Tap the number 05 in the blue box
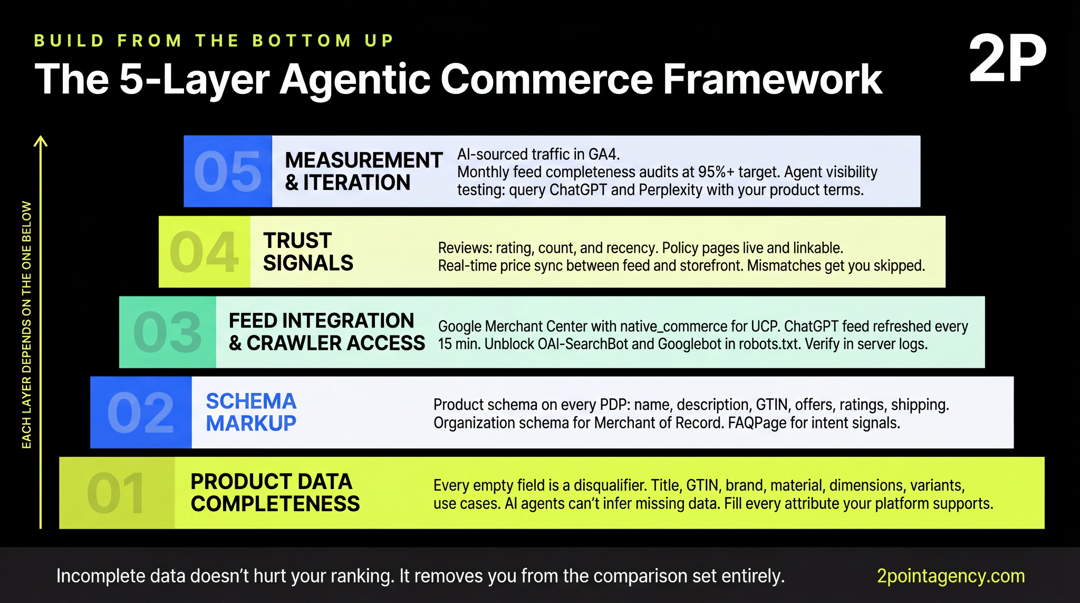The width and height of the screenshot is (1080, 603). [227, 171]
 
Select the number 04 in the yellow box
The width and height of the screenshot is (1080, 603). [204, 252]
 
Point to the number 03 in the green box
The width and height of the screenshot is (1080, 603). [167, 332]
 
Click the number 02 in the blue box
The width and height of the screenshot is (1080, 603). [140, 413]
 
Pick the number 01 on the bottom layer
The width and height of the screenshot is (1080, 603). [116, 493]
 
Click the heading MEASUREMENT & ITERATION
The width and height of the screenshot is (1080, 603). [363, 171]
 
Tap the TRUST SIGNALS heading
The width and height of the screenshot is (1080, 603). [308, 252]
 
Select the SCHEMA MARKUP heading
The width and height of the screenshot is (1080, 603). [251, 412]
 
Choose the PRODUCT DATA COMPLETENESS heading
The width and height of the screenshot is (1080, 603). [275, 493]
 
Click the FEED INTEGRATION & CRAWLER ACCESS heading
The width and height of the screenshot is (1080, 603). [326, 332]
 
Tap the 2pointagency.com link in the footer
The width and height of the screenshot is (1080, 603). [950, 576]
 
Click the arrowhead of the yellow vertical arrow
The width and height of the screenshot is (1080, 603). [41, 141]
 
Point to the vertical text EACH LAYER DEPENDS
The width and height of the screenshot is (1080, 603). [26, 324]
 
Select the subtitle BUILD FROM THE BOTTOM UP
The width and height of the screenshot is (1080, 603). [214, 41]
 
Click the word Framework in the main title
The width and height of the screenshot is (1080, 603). [772, 79]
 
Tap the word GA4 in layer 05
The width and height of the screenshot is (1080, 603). [603, 155]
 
